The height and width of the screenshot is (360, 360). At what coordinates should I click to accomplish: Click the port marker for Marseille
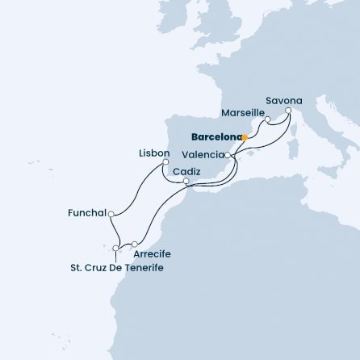pos(268,119)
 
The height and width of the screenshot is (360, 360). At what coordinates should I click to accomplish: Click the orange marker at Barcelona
pos(245,137)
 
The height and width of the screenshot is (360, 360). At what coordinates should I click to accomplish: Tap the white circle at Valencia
pos(228,153)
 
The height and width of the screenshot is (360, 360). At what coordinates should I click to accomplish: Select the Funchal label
pos(87,214)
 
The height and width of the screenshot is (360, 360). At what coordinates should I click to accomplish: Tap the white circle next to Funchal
pos(111,214)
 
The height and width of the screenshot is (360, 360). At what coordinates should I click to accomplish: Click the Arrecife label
pos(152,253)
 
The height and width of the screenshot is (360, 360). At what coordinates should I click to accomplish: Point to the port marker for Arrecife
pos(135,243)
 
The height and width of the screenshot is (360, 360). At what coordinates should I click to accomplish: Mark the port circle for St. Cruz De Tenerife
pos(116,248)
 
